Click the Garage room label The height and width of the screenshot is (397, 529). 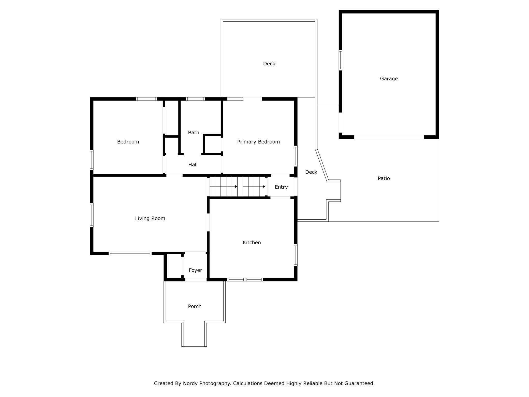389,79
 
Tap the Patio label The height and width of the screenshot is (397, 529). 384,178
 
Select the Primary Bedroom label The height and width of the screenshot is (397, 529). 258,142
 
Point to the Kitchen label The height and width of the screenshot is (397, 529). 252,243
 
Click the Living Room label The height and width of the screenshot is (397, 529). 150,218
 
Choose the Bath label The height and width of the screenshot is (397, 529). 194,133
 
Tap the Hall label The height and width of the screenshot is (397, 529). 193,165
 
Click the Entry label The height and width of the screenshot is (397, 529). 281,187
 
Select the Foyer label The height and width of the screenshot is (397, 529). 195,270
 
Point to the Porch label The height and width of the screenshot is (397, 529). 195,306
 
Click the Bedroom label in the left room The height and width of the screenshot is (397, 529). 128,142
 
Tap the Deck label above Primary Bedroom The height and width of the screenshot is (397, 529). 269,64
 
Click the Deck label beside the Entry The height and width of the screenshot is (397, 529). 311,172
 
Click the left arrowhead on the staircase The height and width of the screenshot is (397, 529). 236,187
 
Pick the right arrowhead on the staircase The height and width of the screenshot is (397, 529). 264,187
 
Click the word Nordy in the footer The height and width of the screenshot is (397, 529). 190,383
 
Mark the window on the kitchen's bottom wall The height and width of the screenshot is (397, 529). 245,279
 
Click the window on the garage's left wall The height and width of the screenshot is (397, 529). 340,60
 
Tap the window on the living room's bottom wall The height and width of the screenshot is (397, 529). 130,253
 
